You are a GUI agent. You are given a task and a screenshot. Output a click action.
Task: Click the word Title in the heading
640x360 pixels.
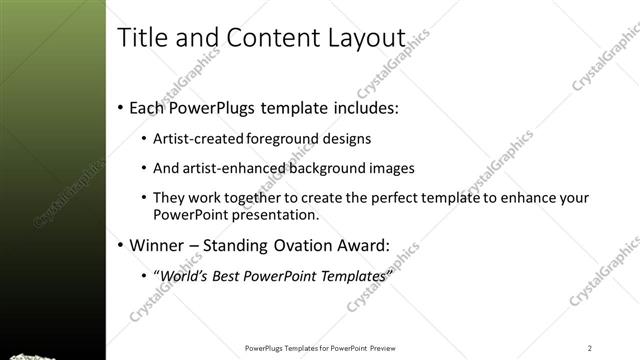(x=139, y=38)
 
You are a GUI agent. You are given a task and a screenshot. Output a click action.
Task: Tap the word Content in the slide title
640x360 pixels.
(x=262, y=38)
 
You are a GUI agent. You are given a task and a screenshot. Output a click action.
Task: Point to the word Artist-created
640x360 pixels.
(x=201, y=139)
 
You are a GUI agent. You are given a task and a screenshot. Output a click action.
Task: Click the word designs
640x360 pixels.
(x=350, y=139)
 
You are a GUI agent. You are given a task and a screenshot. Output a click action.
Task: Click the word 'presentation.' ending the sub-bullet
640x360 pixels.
(x=287, y=214)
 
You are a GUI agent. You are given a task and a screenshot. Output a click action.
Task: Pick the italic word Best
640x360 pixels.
(x=230, y=275)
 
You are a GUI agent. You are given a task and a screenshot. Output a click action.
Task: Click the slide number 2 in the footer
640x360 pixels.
(x=590, y=347)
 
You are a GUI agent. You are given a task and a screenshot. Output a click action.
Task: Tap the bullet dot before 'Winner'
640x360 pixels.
(x=121, y=245)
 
